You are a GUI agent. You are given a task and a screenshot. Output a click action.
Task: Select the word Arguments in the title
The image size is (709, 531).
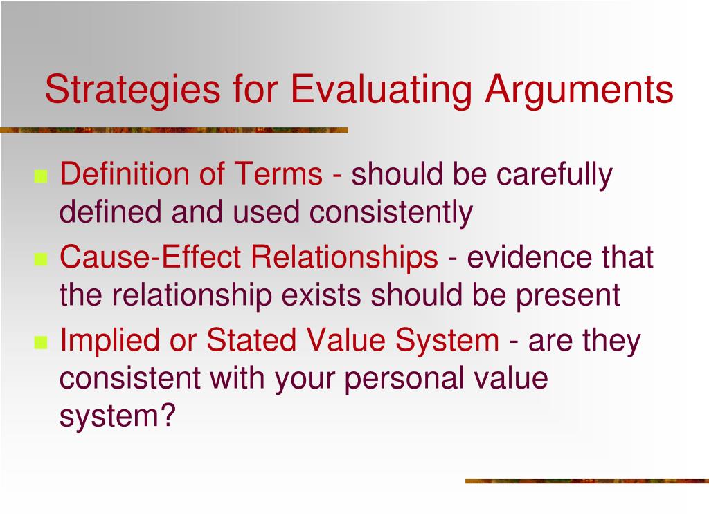pos(578,91)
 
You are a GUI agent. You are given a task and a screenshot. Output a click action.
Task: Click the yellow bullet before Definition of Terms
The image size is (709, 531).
pos(40,177)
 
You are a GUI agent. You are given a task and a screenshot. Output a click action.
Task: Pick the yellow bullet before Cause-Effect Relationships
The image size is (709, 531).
pos(40,260)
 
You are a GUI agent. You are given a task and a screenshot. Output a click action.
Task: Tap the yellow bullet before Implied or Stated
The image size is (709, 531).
pos(40,343)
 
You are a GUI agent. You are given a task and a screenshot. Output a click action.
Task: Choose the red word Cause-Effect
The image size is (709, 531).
pos(150,258)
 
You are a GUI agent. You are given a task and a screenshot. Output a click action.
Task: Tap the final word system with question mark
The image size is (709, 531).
pos(118,417)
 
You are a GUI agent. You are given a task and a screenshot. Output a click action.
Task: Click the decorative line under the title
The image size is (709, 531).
pos(173,130)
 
